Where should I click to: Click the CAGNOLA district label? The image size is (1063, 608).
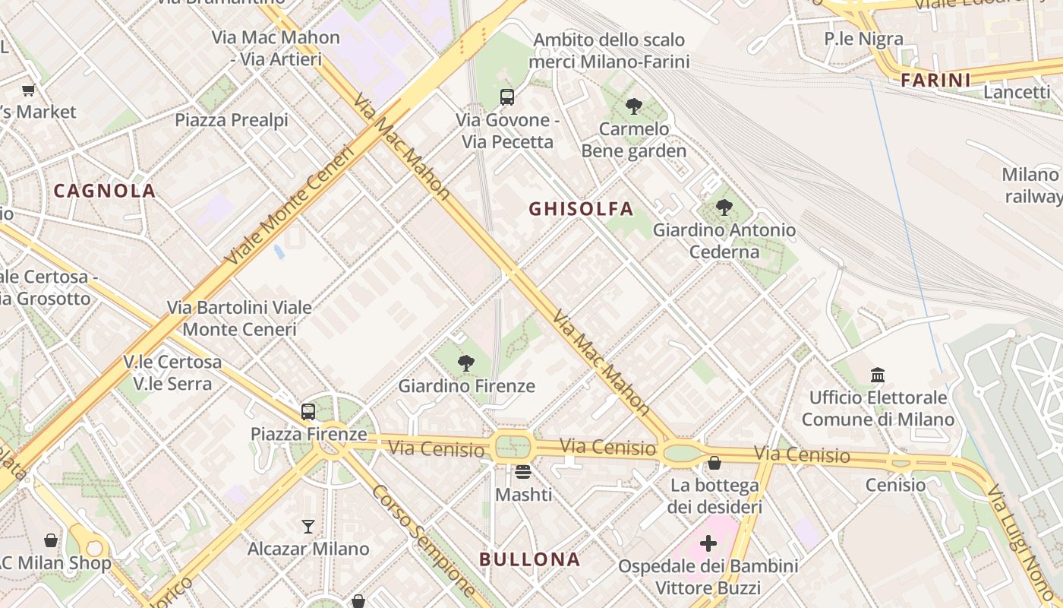tap(105, 191)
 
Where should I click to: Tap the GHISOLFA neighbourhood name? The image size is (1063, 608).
tap(581, 208)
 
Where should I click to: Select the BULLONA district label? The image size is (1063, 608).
tap(529, 560)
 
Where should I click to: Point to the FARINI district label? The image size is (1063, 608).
tap(935, 80)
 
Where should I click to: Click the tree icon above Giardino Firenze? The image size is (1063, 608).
tap(466, 363)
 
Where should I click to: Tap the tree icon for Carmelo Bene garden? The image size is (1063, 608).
tap(634, 106)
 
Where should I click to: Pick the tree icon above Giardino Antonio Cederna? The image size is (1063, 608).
tap(724, 207)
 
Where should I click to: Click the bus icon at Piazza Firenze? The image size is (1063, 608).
tap(308, 412)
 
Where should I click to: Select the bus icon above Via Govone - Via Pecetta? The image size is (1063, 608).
tap(507, 97)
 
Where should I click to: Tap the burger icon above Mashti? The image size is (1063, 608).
tap(522, 472)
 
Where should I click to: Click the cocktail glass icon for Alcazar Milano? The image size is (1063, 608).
tap(308, 526)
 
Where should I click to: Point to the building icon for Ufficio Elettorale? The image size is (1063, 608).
tap(878, 375)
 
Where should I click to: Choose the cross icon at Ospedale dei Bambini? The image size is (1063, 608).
tap(708, 543)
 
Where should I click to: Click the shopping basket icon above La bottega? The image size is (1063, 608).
tap(714, 462)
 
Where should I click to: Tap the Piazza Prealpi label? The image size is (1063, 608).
tap(232, 120)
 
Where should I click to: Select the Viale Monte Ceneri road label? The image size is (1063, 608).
tap(291, 205)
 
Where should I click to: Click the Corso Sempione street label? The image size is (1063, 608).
tap(423, 540)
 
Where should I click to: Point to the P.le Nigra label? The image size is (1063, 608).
tap(863, 39)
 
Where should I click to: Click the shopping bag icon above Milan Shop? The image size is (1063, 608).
tap(51, 540)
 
